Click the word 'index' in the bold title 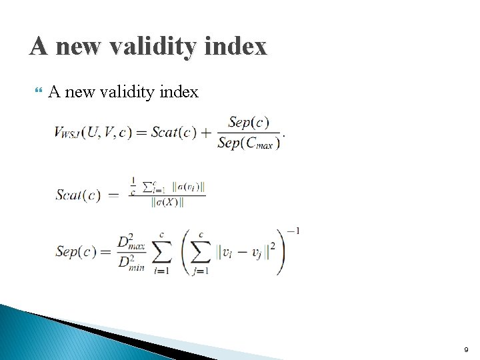pos(237,46)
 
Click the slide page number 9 pos(467,349)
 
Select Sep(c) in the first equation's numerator pos(248,123)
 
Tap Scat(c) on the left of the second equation pos(78,195)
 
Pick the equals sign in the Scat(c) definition pos(113,195)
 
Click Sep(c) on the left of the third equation pos(77,251)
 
